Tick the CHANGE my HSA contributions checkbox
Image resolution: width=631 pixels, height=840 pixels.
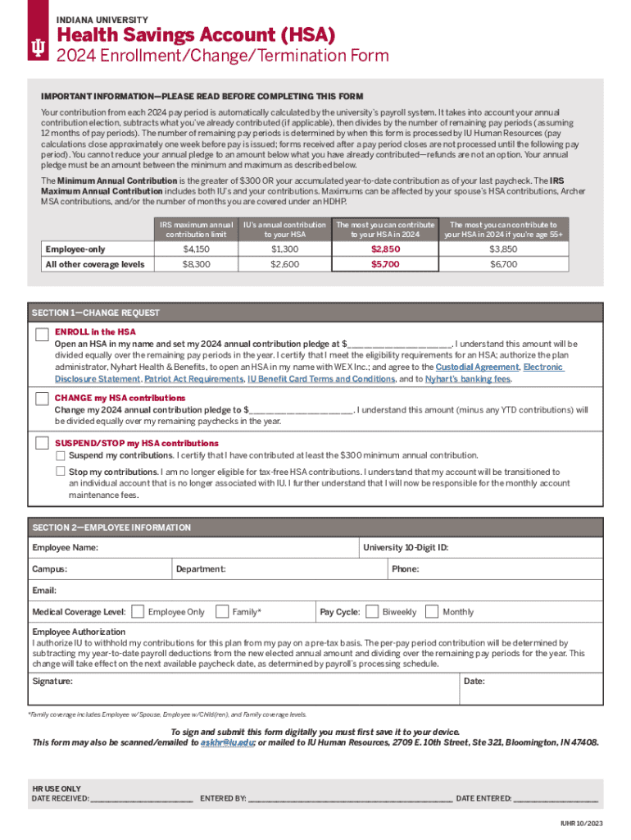click(x=42, y=399)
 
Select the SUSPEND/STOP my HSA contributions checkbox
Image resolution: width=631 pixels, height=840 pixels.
click(x=42, y=443)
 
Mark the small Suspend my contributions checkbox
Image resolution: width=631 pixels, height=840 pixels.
click(x=60, y=455)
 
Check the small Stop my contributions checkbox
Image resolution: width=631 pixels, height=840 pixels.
click(x=60, y=472)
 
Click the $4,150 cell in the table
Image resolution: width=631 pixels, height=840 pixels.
click(x=196, y=249)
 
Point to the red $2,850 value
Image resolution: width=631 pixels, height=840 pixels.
click(x=385, y=249)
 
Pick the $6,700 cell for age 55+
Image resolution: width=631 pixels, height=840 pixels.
click(x=503, y=264)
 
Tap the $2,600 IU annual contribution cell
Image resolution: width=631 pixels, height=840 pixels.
click(x=283, y=264)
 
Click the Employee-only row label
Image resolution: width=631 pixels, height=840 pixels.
click(x=75, y=249)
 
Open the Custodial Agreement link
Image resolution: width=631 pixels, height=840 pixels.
click(x=475, y=367)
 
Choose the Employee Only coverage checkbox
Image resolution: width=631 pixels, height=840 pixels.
click(x=138, y=611)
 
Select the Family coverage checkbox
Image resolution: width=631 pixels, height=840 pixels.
click(x=222, y=611)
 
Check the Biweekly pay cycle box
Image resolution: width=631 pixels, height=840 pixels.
click(x=372, y=611)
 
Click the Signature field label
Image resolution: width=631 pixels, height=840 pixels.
click(x=52, y=681)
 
